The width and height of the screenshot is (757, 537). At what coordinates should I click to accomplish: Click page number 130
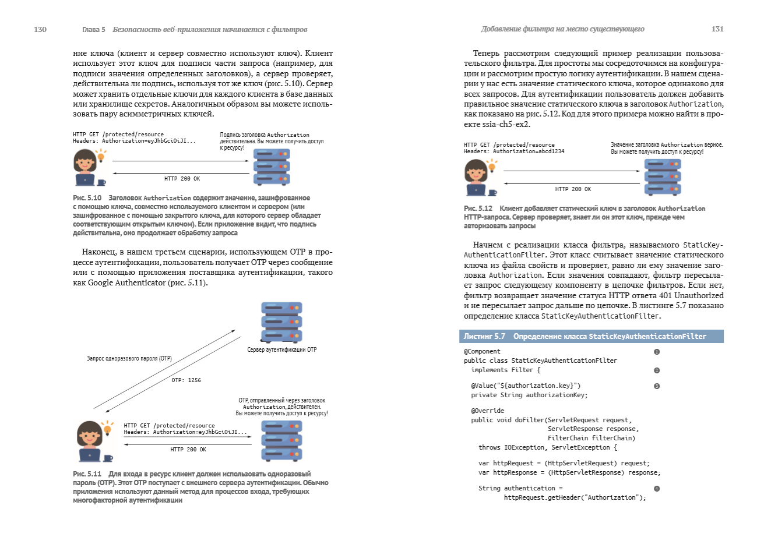pyautogui.click(x=40, y=29)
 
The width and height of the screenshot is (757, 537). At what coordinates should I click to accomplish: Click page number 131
pyautogui.click(x=717, y=29)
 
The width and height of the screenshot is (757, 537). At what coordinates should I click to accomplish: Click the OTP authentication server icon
pyautogui.click(x=281, y=323)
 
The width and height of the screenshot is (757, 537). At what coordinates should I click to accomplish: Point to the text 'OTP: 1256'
pyautogui.click(x=186, y=380)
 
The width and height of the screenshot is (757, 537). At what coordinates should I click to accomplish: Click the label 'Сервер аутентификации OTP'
pyautogui.click(x=282, y=349)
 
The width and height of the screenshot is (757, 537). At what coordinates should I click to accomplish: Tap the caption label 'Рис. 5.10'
pyautogui.click(x=87, y=198)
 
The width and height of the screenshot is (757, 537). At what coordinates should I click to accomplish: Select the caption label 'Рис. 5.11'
pyautogui.click(x=87, y=474)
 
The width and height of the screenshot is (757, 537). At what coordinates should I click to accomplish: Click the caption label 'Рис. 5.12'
pyautogui.click(x=478, y=209)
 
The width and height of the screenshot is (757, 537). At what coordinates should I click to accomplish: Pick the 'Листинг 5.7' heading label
pyautogui.click(x=484, y=337)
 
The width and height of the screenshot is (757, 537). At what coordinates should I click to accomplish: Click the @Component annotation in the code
pyautogui.click(x=482, y=352)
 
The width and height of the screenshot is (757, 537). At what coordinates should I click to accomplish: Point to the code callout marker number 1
pyautogui.click(x=657, y=352)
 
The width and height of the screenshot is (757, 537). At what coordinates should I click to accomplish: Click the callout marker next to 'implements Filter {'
pyautogui.click(x=657, y=370)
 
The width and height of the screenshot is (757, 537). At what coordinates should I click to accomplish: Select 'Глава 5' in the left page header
pyautogui.click(x=94, y=29)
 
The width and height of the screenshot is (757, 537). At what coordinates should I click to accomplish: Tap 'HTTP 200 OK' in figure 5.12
pyautogui.click(x=573, y=189)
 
